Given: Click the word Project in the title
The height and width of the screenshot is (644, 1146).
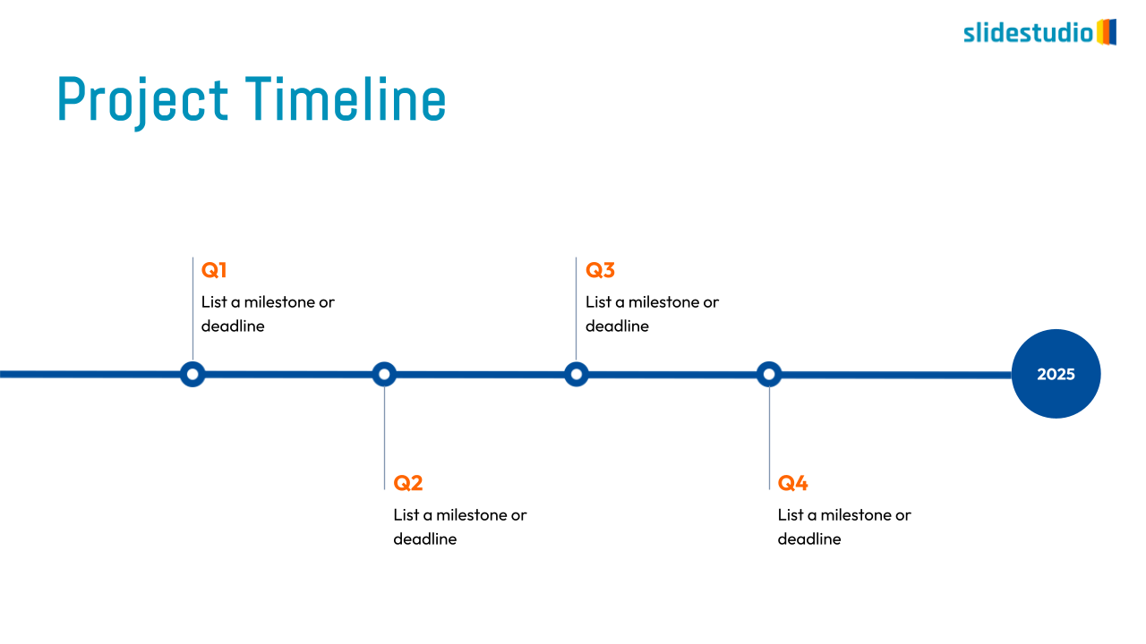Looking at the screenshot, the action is tap(142, 101).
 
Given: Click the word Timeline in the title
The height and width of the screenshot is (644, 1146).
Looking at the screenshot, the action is tap(346, 98).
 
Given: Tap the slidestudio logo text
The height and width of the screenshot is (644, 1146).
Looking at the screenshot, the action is tap(1029, 33).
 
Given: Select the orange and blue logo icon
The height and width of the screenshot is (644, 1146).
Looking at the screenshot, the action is tap(1107, 32).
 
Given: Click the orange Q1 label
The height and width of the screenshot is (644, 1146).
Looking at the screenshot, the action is tap(214, 270).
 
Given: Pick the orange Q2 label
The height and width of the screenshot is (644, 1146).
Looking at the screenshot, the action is tap(407, 482).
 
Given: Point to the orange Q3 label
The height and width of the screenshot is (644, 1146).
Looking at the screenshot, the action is tap(600, 270).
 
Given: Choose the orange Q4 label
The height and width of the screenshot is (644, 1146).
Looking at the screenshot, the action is tap(792, 482).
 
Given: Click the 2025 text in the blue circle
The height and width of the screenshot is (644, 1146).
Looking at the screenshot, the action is tap(1056, 374).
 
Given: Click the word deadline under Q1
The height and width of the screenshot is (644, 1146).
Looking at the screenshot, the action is tap(233, 326).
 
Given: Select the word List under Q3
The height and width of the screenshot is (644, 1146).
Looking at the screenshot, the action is tap(598, 302).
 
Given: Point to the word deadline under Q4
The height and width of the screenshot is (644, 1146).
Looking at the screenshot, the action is tap(809, 538).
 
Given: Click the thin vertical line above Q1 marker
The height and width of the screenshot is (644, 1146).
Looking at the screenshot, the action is tap(192, 309).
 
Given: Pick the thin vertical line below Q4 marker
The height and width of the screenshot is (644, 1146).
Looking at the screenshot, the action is tap(769, 438).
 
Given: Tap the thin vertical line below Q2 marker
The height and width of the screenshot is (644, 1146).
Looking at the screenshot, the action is tap(385, 438).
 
